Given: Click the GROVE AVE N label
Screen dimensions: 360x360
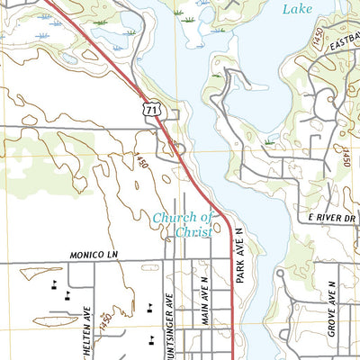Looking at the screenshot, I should [331, 308].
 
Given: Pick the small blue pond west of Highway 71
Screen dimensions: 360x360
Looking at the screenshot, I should [69, 59].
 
